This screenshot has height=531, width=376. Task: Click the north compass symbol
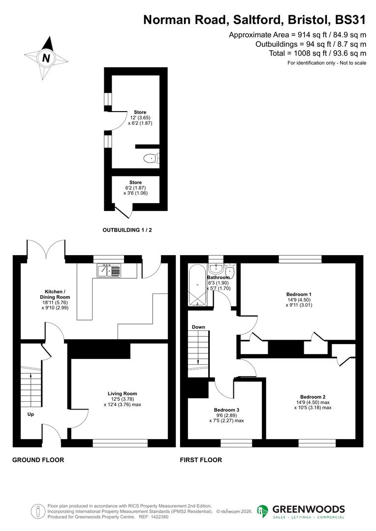tap(46, 58)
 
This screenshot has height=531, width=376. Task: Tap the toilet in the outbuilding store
tap(152, 158)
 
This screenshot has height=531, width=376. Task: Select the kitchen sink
tap(109, 270)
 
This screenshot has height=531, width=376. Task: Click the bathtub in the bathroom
tap(197, 285)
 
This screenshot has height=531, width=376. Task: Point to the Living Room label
tap(123, 393)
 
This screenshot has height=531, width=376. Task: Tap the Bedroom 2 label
tap(313, 397)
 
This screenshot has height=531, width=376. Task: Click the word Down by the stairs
tap(198, 327)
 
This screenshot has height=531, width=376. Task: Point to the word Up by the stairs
tap(31, 414)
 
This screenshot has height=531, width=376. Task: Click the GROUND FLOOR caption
tap(38, 460)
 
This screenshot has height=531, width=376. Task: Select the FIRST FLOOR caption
tap(201, 460)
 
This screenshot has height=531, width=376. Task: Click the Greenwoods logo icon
tap(263, 511)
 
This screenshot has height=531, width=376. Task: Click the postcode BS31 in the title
tap(350, 20)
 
